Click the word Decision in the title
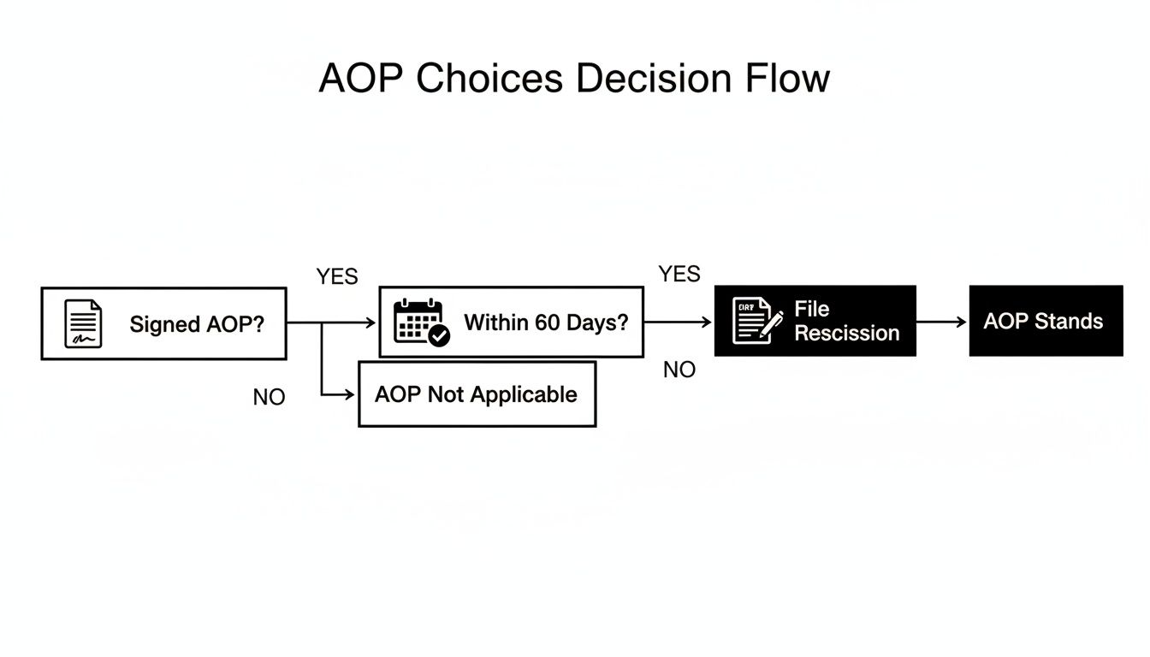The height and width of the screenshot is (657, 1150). pos(653,79)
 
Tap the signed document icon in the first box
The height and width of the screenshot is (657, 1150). pos(83,324)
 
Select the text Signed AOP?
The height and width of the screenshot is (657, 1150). pos(197,325)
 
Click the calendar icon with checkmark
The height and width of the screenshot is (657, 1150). pos(420,323)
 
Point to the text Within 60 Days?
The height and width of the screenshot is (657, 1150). pos(545,323)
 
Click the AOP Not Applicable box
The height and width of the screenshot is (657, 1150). pos(477,394)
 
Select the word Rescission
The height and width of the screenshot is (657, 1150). pos(846,334)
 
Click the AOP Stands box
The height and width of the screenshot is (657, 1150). pos(1045,322)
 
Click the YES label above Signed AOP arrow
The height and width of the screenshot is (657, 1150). pos(337,277)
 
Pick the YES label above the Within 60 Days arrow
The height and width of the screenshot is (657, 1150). pos(679,274)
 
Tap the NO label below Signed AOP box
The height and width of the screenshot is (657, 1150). pos(269,398)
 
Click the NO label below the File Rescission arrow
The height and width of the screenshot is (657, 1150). pos(679,370)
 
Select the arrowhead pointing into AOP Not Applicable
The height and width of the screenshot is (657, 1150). pos(349,394)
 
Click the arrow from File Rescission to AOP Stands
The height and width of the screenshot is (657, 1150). pos(941,323)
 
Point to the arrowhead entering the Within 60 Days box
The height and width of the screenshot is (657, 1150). pos(370,323)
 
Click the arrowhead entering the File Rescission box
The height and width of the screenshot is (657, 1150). pos(706,323)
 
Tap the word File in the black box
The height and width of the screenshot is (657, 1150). pos(811,309)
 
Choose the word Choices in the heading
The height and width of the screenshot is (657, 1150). pos(489,79)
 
